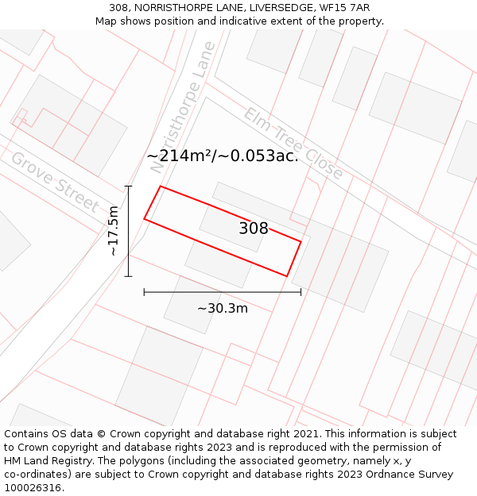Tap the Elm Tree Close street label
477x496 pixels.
point(293,144)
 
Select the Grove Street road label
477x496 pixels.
point(54,182)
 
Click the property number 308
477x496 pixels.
point(254,229)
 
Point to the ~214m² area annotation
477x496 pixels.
point(223,156)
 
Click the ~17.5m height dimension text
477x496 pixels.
point(113,231)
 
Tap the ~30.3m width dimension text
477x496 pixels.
point(223,308)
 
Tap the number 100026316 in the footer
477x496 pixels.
point(33,487)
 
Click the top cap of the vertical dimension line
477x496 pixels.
point(128,186)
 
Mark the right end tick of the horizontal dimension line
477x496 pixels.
point(301,292)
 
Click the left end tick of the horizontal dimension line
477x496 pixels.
point(144,292)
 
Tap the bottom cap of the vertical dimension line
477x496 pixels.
point(128,276)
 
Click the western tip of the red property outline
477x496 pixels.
point(144,218)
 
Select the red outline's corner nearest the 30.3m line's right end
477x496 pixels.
point(287,276)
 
